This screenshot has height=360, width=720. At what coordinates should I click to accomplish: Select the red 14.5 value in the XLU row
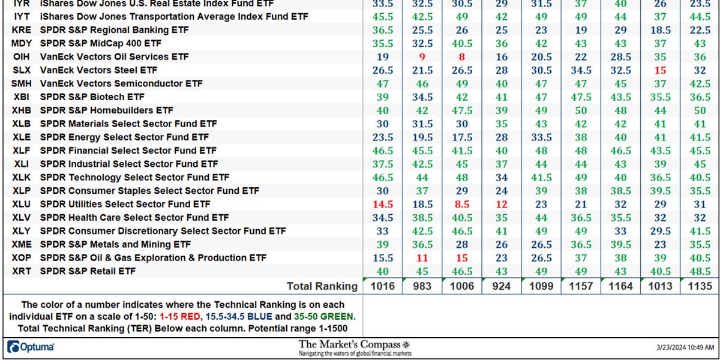pos(383,204)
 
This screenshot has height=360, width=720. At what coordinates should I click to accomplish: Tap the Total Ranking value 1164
pos(620,286)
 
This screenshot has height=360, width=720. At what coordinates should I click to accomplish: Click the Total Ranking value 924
pos(502,286)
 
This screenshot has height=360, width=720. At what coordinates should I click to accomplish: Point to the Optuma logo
pos(31,347)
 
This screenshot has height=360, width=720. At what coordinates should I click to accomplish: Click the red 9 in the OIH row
pos(422,57)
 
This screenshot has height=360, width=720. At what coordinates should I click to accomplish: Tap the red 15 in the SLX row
pos(660,70)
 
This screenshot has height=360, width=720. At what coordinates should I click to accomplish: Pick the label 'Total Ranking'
pos(322,286)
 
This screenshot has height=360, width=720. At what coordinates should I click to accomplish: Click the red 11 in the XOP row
pos(422,258)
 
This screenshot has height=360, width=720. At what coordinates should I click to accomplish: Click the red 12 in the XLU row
pos(502,204)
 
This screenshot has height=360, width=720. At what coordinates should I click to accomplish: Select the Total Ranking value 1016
pos(383,286)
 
